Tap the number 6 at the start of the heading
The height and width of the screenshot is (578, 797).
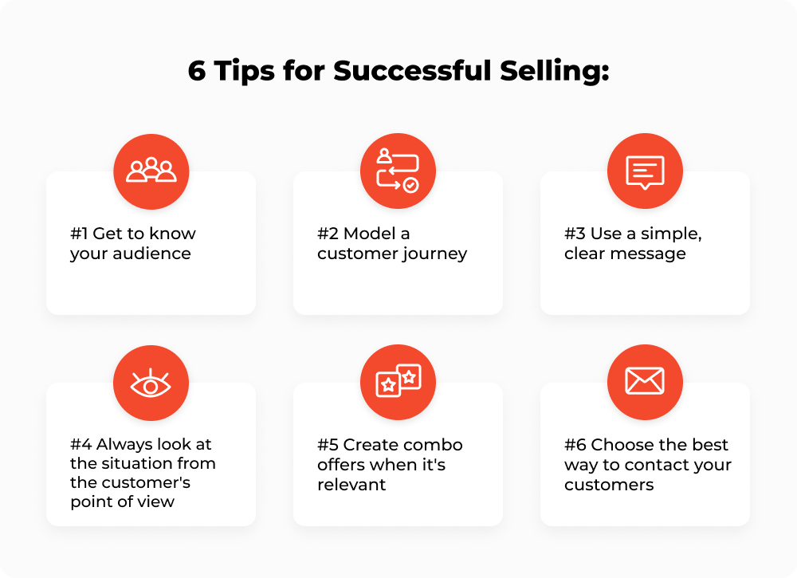pyautogui.click(x=197, y=71)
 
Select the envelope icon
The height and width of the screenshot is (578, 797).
pyautogui.click(x=645, y=382)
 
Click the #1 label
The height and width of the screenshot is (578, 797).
pyautogui.click(x=79, y=234)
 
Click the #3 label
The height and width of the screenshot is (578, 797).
pyautogui.click(x=575, y=234)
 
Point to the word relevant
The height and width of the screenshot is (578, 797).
pyautogui.click(x=351, y=484)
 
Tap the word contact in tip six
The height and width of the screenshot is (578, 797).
pyautogui.click(x=644, y=465)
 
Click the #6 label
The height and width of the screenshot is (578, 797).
pyautogui.click(x=575, y=445)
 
